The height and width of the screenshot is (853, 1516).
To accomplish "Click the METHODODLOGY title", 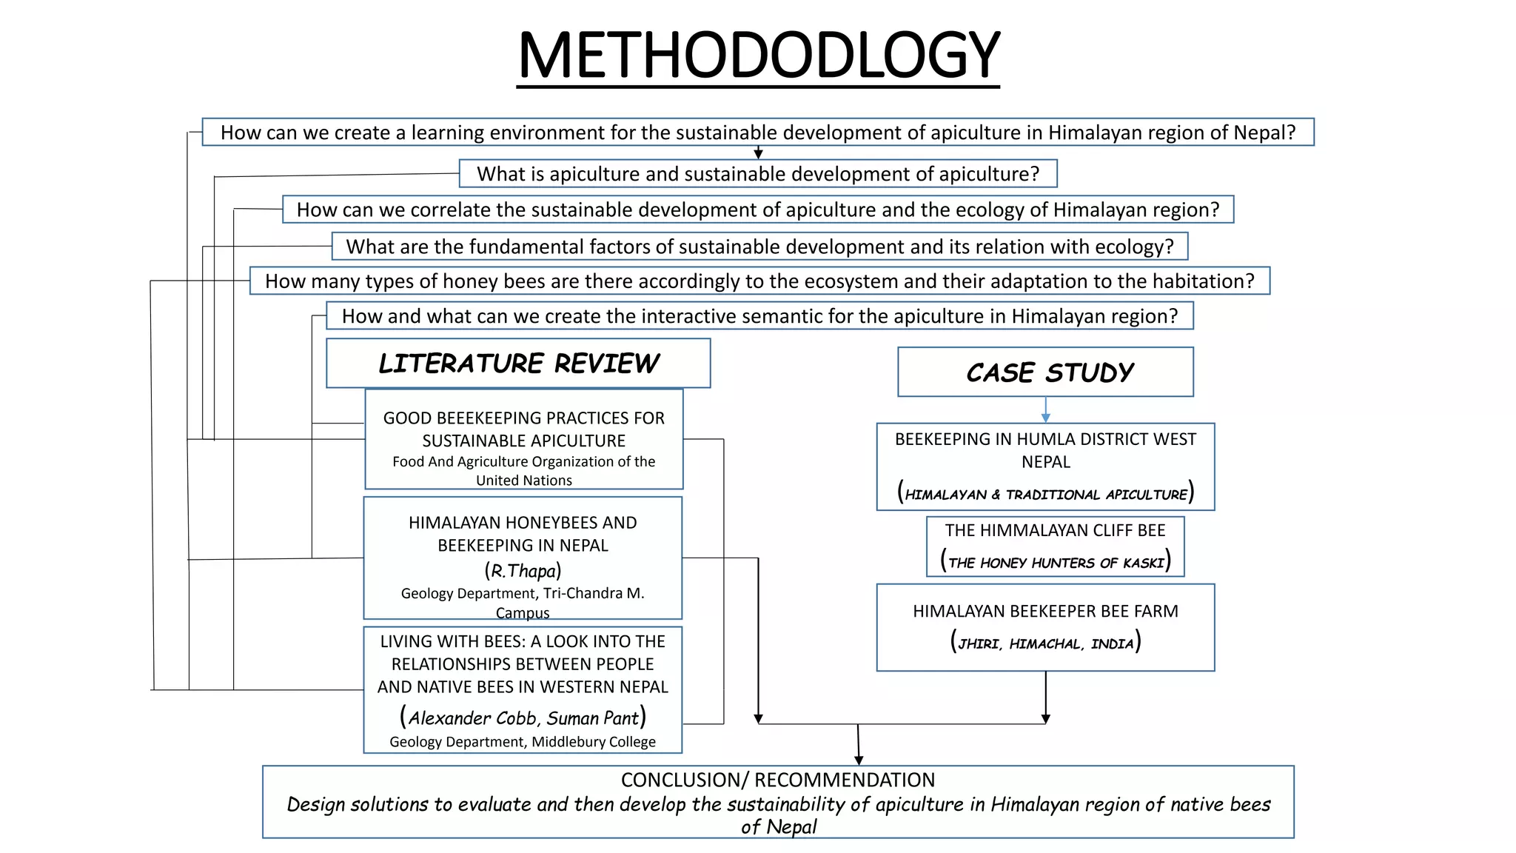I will point(758,56).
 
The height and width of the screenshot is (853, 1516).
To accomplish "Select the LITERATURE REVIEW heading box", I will point(518,363).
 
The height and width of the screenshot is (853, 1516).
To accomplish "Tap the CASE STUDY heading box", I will point(1045,372).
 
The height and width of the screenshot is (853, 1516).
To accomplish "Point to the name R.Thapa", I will point(523,571).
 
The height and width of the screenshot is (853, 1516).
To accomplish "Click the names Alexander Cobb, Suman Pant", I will point(523,717).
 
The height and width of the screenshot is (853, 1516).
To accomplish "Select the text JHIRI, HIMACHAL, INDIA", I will point(1045,643).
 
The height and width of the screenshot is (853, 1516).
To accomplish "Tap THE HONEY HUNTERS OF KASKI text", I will point(1055,562).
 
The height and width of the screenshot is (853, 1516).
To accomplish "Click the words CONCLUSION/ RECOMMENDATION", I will point(777,780).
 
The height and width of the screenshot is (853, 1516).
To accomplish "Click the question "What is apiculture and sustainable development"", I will point(758,173).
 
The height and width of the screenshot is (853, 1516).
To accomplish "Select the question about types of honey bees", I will point(759,281).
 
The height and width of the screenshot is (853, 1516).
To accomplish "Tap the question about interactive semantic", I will point(759,316).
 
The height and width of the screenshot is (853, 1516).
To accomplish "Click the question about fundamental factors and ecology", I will point(759,247).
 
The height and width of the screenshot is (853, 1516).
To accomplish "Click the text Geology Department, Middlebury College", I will point(523,742).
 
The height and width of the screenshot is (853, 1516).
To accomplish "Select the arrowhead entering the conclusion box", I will point(859,760).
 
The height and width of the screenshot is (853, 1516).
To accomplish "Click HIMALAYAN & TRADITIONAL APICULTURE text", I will point(1045,494).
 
